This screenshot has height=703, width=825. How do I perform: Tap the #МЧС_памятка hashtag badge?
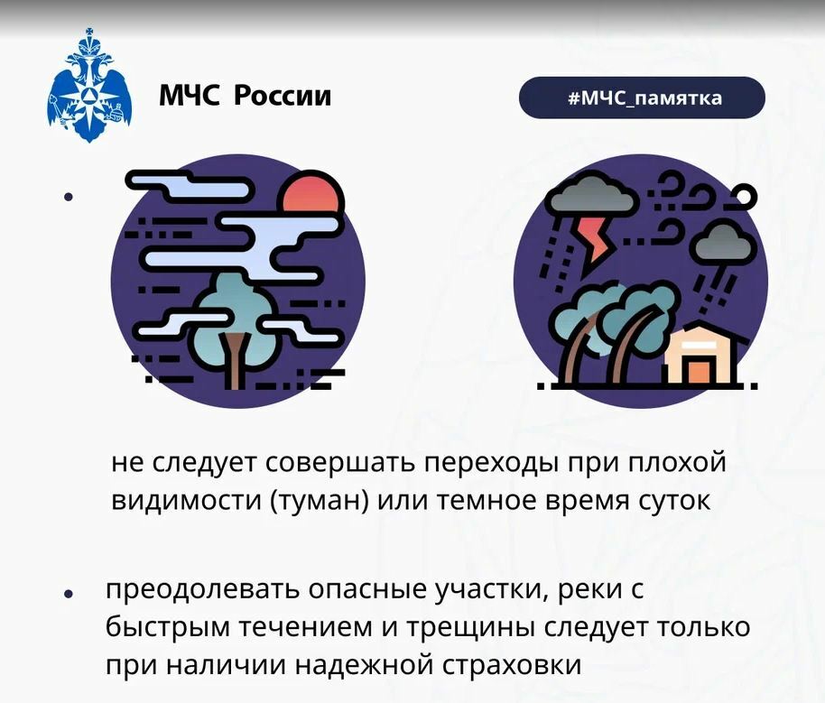pos(642,97)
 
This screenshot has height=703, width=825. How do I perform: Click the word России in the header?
pos(283,96)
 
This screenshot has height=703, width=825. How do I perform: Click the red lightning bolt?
pos(594,239)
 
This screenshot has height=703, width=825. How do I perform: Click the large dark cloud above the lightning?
pos(591,196)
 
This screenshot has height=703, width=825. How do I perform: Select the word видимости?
pos(187,500)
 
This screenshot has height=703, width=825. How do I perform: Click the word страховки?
pos(512,665)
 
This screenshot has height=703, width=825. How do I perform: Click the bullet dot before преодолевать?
pos(69,594)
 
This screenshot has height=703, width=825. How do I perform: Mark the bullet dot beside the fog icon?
pos(69,197)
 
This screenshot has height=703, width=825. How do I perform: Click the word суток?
pos(674,501)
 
